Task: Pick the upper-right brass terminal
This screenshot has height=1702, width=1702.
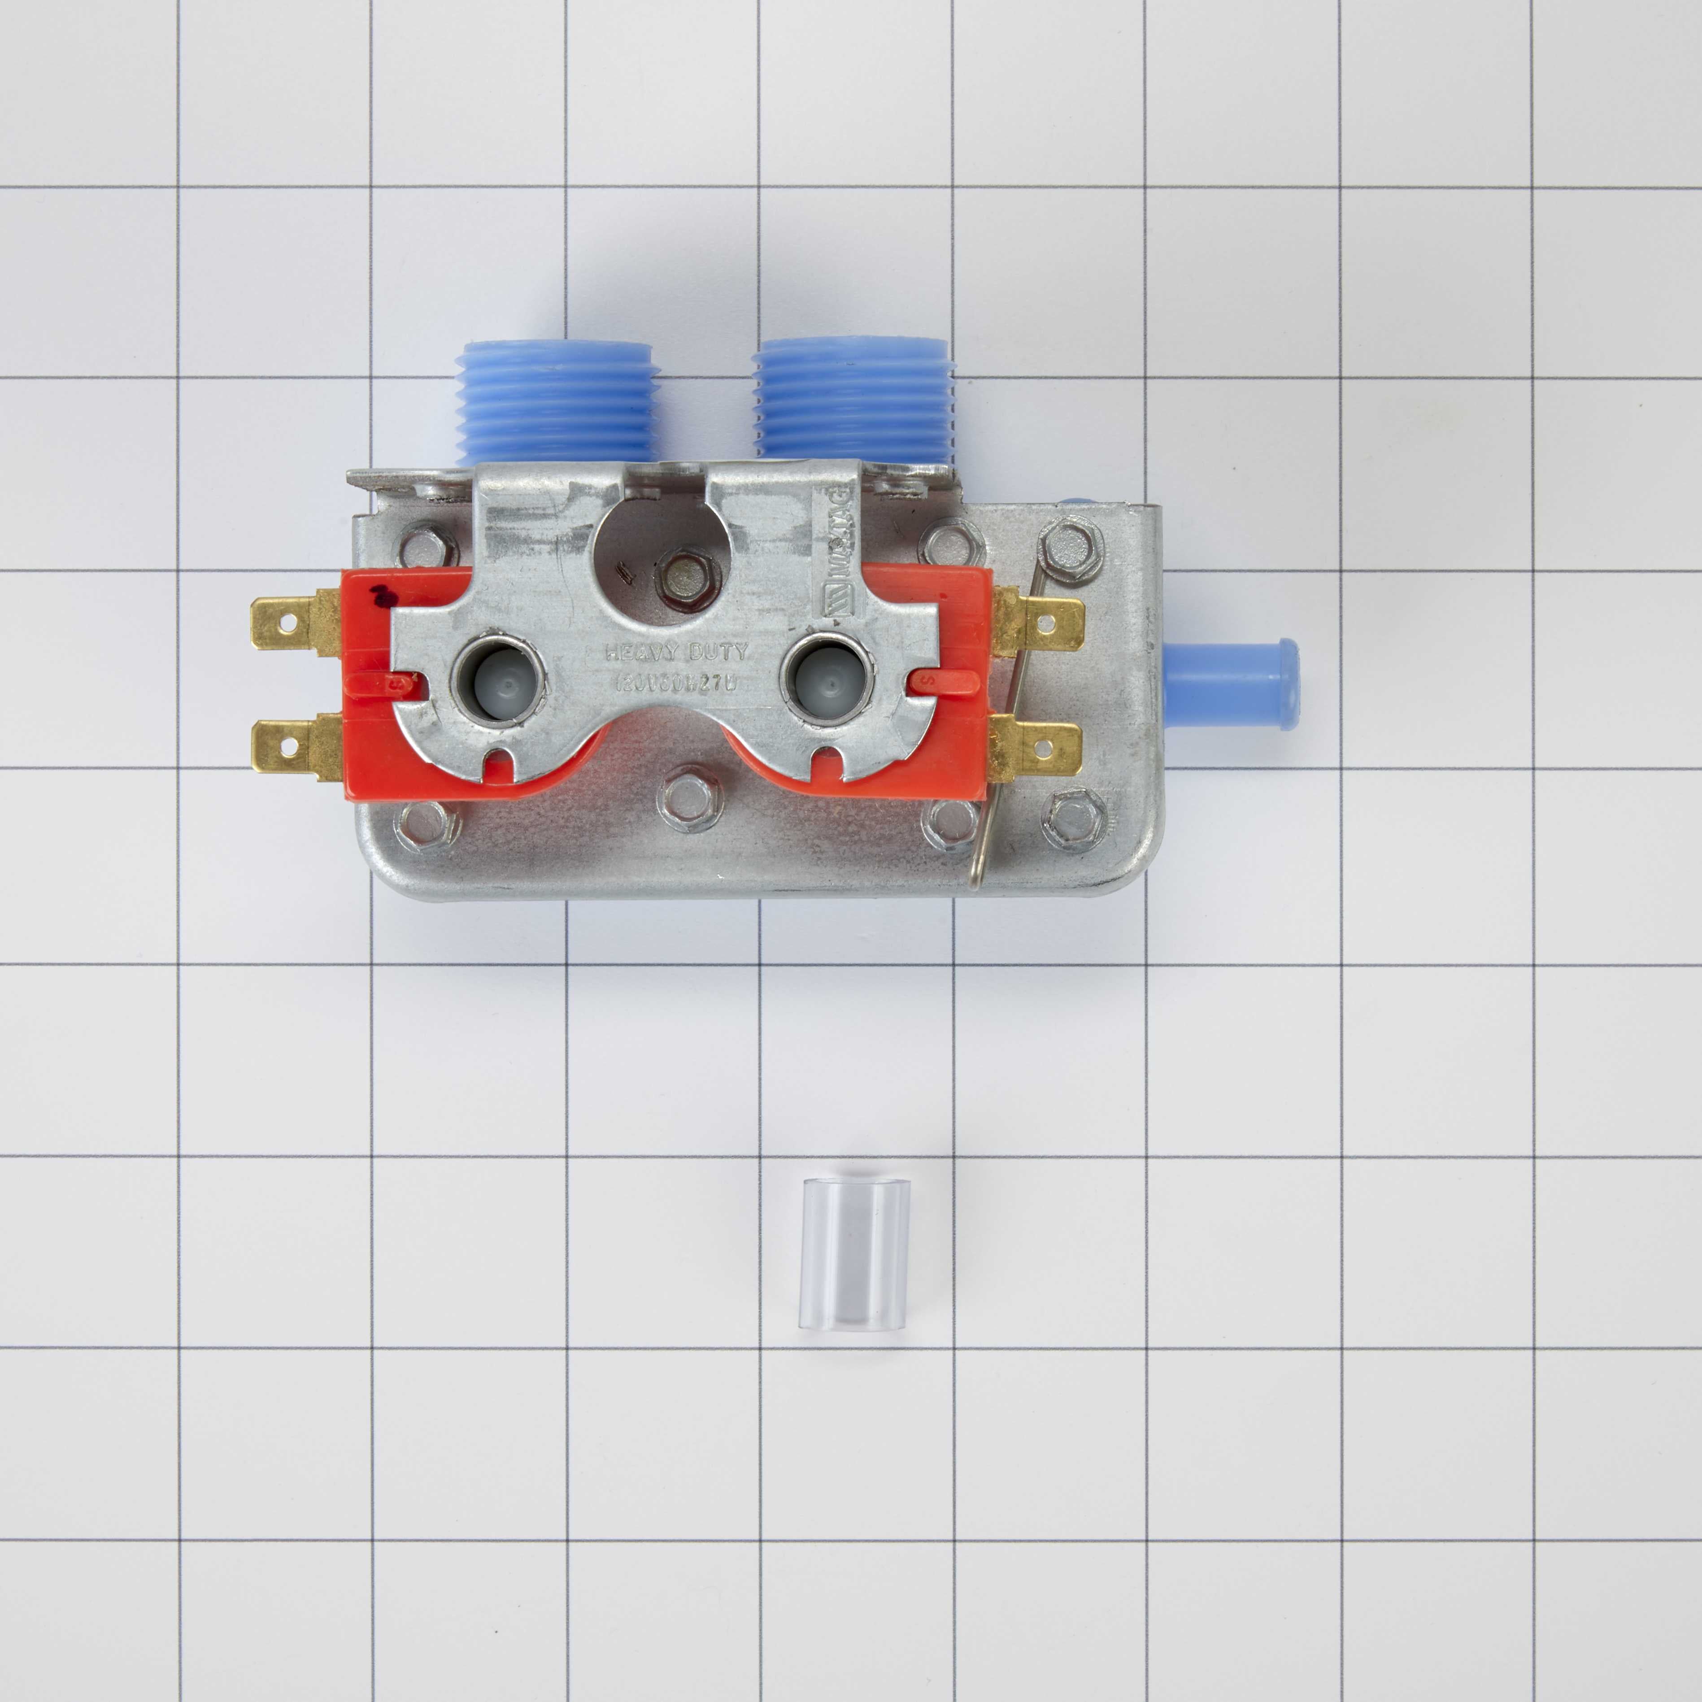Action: coord(1040,623)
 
